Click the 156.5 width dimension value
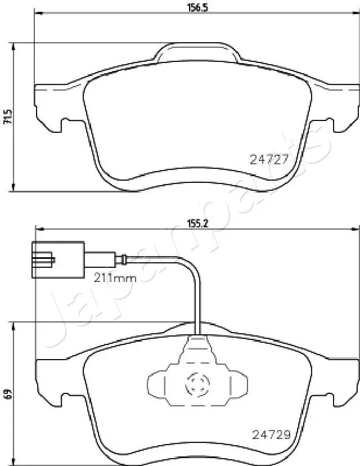click(197, 7)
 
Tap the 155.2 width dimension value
click(197, 223)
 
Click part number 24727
click(269, 160)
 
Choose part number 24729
click(271, 435)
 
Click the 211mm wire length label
click(115, 278)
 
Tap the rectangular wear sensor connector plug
click(58, 260)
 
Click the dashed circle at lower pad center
click(197, 385)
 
